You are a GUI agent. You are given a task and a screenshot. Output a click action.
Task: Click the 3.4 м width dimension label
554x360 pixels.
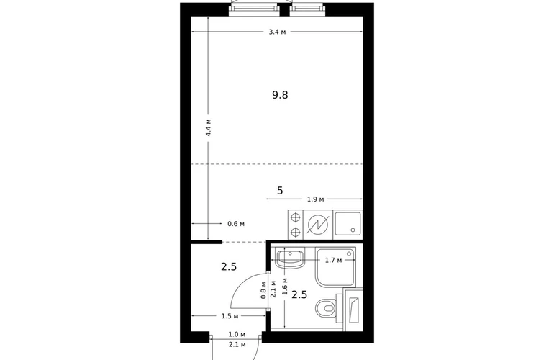click(x=277, y=32)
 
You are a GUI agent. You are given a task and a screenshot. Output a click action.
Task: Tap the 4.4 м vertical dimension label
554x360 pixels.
click(x=209, y=127)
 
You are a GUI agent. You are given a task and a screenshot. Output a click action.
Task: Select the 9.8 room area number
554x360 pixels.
click(x=280, y=95)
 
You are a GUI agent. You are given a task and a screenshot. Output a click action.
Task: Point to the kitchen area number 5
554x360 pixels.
click(x=280, y=191)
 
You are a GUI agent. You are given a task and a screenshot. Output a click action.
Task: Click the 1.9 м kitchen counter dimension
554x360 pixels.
click(x=315, y=199)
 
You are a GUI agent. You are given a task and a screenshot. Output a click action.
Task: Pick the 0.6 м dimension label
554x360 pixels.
click(x=236, y=224)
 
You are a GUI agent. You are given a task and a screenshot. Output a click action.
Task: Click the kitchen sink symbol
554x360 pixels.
click(x=348, y=224)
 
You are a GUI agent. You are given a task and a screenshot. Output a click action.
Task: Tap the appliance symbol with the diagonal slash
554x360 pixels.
click(x=318, y=224)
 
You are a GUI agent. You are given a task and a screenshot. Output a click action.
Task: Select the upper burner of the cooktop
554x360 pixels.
click(x=296, y=217)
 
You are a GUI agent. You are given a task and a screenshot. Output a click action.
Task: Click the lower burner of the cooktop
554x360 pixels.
click(x=296, y=233)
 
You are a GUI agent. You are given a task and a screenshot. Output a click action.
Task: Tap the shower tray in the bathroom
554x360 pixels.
click(x=336, y=267)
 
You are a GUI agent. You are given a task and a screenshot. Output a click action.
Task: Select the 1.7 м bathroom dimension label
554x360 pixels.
click(x=333, y=261)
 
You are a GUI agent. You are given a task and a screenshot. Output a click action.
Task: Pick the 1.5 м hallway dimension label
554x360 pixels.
click(x=230, y=316)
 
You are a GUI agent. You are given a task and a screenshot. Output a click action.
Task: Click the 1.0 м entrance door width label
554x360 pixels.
click(x=237, y=334)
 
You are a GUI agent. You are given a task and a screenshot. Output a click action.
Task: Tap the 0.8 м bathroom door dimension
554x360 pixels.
click(x=263, y=290)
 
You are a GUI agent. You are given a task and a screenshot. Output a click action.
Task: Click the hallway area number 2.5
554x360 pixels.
click(x=229, y=266)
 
